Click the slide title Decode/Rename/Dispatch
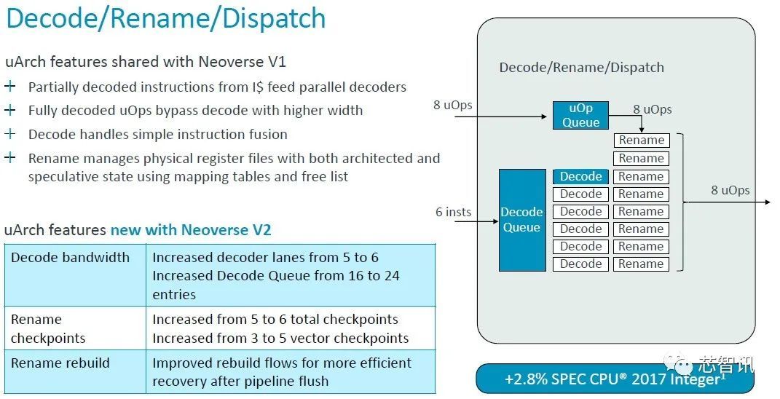165,19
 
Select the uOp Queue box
580,115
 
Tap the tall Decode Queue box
521,220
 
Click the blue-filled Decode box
580,176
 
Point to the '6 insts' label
453,212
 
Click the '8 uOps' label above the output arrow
730,190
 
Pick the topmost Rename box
641,141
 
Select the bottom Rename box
641,264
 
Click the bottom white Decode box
580,264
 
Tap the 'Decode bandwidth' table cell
71,258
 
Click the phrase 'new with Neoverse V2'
191,230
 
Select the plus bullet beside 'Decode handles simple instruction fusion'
10,134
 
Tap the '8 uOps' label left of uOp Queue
453,105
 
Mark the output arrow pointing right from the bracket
728,202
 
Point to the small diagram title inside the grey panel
581,68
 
